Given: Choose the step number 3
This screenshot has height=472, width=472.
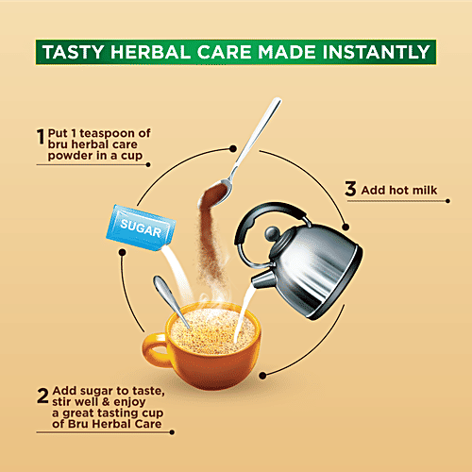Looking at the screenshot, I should (349, 189).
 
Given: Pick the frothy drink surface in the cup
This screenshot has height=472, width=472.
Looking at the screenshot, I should (212, 330).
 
